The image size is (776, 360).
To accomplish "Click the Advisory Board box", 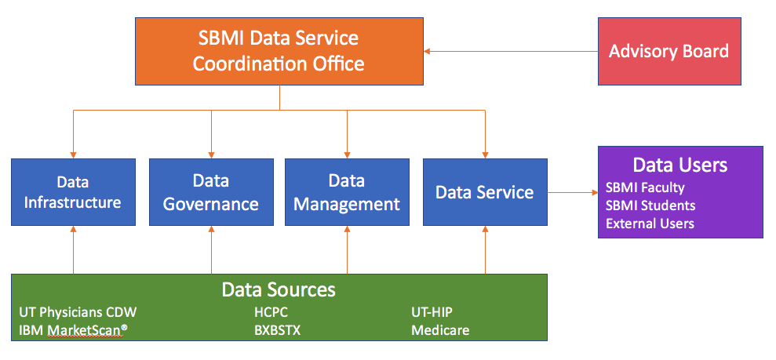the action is coord(669,52).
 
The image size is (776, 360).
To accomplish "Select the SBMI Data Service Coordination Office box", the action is coord(279,52).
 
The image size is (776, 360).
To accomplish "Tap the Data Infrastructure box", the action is coord(73,192).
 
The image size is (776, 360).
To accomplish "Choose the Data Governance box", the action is coord(211,192).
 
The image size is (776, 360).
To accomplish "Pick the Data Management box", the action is coord(347,192).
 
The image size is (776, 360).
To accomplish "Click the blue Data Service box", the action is coord(485,192).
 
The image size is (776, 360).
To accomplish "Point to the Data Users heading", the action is coord(680,165).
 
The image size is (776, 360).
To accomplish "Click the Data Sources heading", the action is coord(279,289).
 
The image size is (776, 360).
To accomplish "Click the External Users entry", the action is coord(650,224).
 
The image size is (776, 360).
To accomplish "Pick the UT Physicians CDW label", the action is coord(78,312).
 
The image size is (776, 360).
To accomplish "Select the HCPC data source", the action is coord(271,312).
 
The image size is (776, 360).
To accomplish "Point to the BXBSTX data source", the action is coord(277,330).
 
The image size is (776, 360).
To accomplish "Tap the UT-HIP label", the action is coord(432,312).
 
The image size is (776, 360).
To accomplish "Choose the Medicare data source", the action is coord(440,330).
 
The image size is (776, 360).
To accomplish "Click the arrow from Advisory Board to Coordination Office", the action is coord(511,52).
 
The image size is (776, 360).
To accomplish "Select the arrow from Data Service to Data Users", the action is coord(573,192).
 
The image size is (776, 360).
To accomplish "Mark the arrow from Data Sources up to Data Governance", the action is coord(211,249).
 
